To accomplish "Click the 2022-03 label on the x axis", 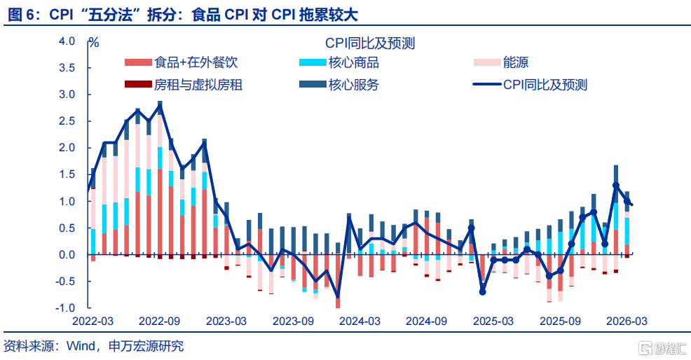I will click(93, 321).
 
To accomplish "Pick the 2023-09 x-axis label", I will click(292, 321).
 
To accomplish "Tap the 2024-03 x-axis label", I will click(360, 321).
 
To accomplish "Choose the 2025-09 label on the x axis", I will click(559, 321).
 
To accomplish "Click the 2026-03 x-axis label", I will click(626, 321).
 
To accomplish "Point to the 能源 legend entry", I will click(516, 63).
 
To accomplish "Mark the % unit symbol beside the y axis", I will click(94, 42).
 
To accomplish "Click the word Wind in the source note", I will click(79, 346).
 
